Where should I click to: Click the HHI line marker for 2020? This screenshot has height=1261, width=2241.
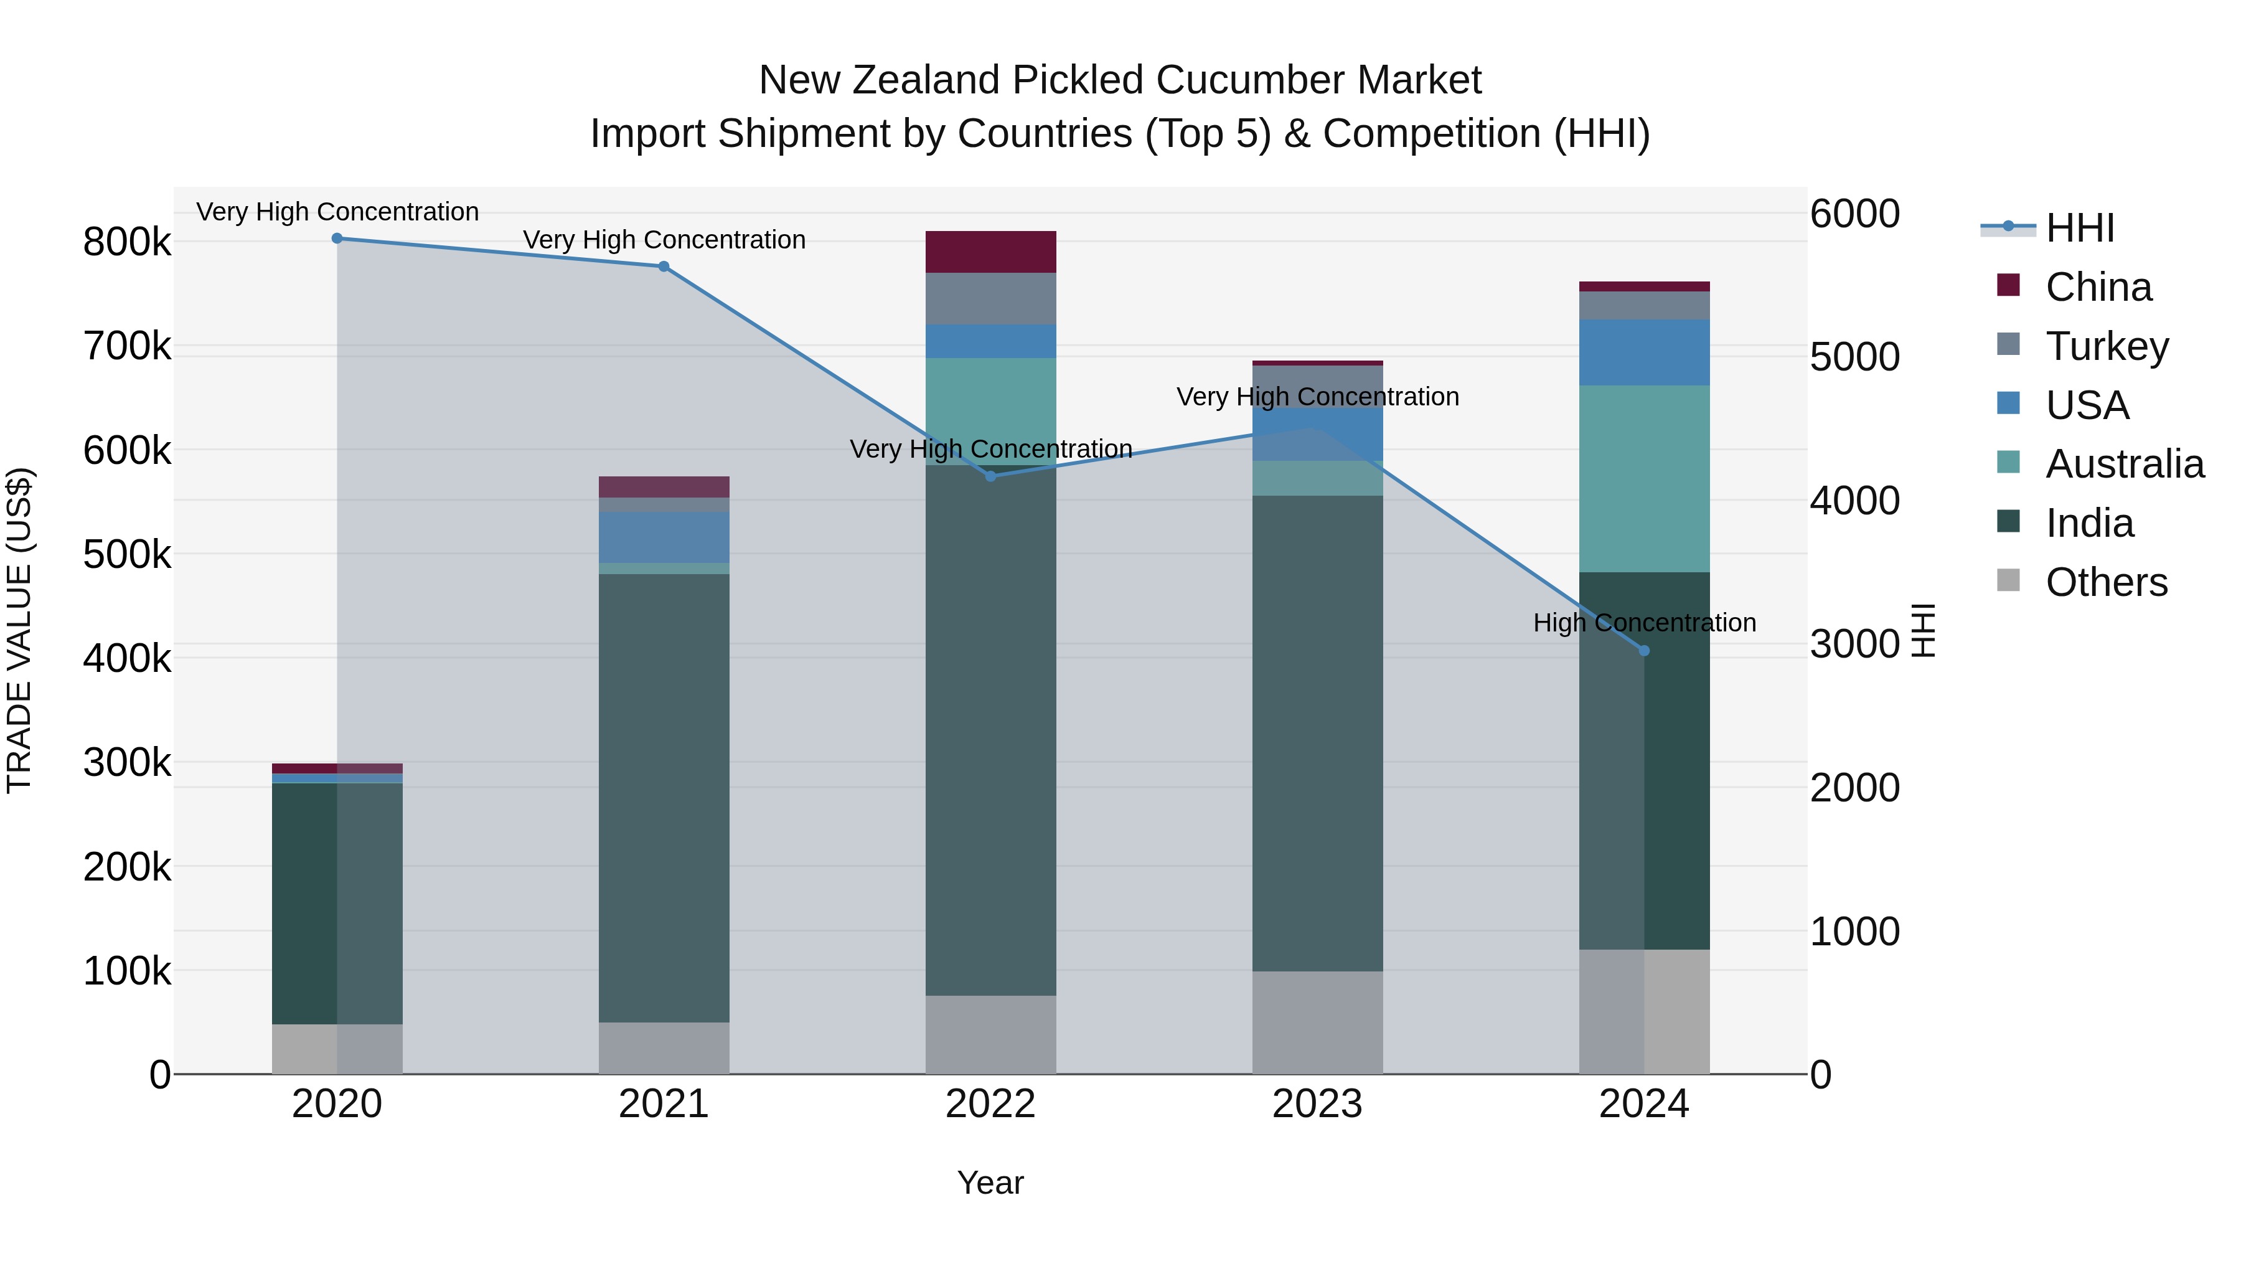337,239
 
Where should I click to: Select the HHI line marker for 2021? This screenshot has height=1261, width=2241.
664,267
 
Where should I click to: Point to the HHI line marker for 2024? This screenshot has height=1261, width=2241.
1644,651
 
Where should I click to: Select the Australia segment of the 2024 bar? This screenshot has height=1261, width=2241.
1644,479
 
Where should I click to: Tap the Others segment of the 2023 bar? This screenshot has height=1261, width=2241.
1317,1022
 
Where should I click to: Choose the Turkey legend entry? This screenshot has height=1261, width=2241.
2106,346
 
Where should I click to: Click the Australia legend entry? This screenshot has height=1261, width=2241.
2123,464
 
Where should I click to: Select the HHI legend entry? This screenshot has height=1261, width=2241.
2079,228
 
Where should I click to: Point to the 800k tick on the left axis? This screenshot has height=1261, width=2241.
127,242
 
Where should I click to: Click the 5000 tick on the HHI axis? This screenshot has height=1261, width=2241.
1855,357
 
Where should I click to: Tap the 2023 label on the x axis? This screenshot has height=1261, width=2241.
1317,1104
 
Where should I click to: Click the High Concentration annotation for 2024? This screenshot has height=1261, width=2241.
1644,623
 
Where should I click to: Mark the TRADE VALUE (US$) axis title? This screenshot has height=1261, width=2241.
20,630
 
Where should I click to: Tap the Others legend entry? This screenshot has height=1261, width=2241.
2106,582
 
